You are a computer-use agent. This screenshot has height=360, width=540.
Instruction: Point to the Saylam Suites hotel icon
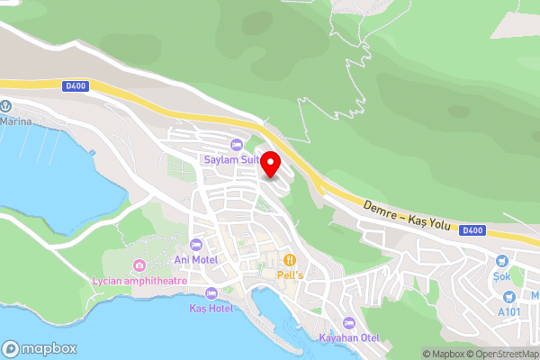pyautogui.click(x=237, y=145)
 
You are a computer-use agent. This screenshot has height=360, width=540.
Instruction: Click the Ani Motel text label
pyautogui.click(x=195, y=259)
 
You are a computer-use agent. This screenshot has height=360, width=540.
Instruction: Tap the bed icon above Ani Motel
pyautogui.click(x=196, y=244)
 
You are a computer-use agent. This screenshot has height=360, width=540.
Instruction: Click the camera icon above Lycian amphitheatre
pyautogui.click(x=139, y=265)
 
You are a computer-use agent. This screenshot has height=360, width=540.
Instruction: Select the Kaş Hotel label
pyautogui.click(x=211, y=309)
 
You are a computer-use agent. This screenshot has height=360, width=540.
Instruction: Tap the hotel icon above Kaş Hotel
pyautogui.click(x=211, y=293)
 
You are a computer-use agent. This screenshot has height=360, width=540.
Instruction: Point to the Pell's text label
pyautogui.click(x=289, y=274)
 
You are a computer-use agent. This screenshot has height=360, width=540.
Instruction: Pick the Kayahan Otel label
pyautogui.click(x=349, y=338)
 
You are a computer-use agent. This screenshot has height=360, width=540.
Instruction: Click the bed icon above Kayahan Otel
pyautogui.click(x=349, y=323)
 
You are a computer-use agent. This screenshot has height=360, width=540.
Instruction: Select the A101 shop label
pyautogui.click(x=510, y=311)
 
